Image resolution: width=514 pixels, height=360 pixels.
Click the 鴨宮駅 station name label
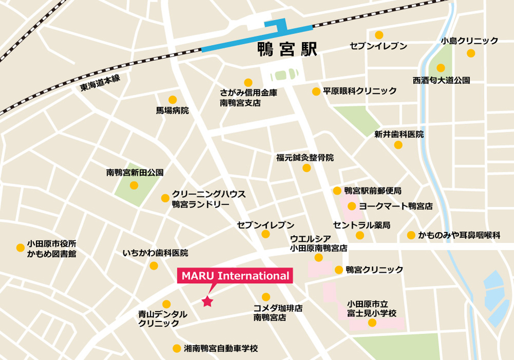287,50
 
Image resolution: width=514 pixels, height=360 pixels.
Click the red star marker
207,301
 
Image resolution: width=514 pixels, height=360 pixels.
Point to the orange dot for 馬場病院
173,100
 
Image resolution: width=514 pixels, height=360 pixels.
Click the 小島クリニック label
469,41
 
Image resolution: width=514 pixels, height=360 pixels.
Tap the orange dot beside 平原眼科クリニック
316,92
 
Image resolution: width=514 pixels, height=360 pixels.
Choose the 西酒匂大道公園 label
441,80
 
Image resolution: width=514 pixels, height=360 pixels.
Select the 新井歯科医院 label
399,134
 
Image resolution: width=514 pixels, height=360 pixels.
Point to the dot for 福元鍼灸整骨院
307,168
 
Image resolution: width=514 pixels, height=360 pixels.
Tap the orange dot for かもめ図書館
20,248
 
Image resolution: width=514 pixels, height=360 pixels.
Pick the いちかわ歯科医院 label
155,253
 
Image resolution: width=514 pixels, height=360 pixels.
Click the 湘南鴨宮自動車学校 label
221,348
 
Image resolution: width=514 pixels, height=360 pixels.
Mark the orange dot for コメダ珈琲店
266,297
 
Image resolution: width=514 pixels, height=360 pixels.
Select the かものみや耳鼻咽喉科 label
459,235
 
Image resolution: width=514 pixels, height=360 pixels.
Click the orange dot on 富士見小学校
372,323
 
